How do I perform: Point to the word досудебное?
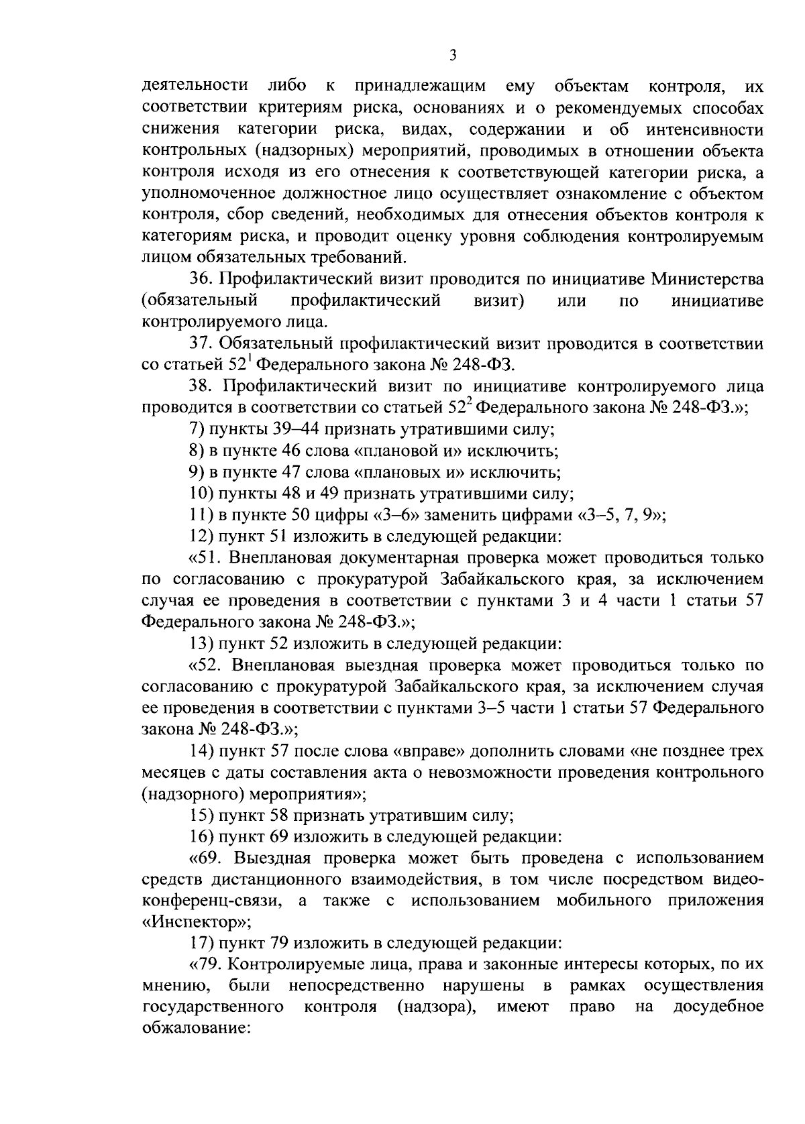[x=718, y=1008]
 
